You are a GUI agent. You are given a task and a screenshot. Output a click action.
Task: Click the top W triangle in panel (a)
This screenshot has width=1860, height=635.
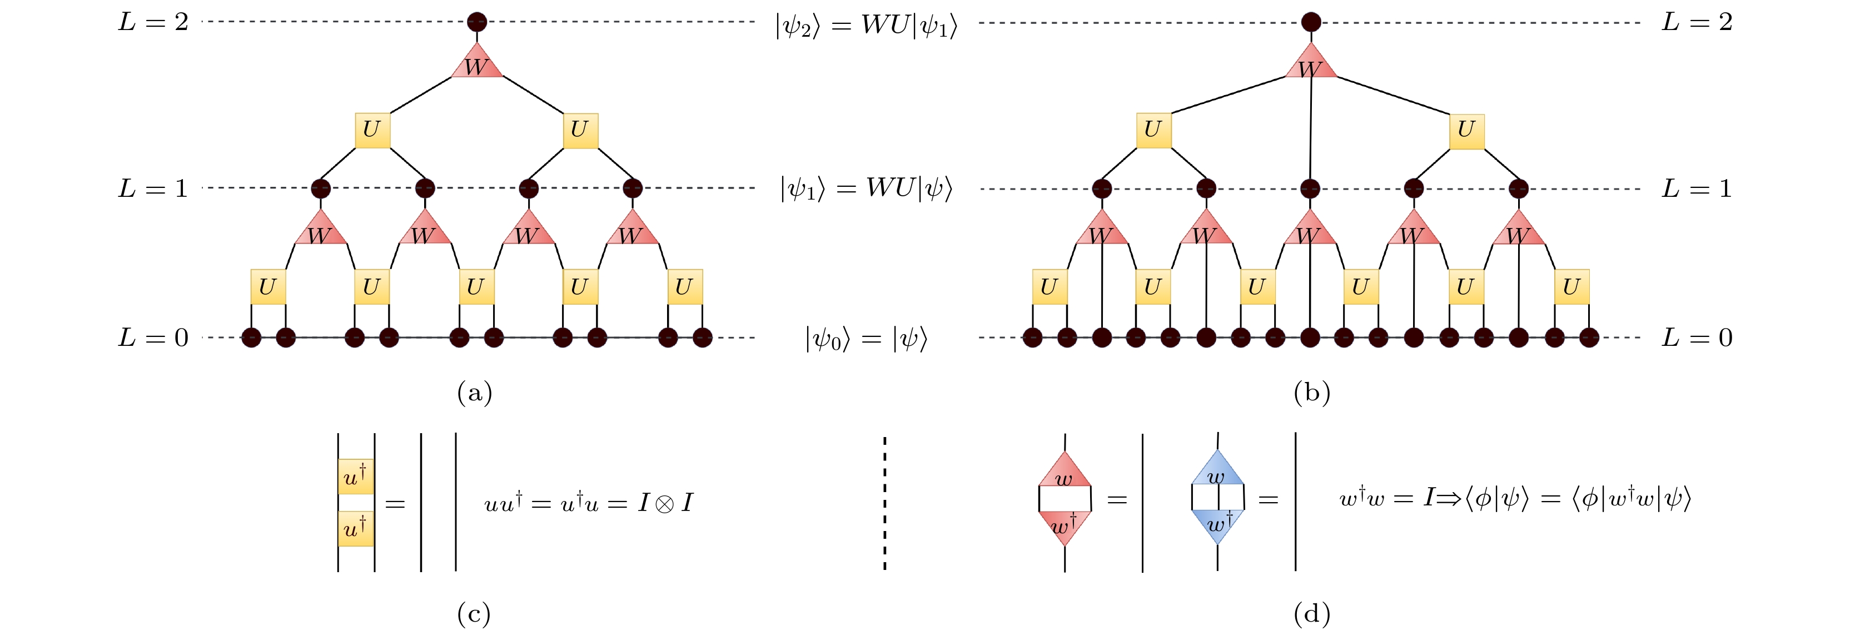point(476,63)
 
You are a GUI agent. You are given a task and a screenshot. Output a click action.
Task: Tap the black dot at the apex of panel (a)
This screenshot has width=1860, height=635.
point(476,22)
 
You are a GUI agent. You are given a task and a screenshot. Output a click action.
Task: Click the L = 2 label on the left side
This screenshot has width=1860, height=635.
point(153,22)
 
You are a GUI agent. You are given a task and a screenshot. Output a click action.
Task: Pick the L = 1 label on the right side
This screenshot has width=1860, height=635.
point(1697,189)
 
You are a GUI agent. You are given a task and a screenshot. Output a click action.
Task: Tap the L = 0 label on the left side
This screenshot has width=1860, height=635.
point(153,338)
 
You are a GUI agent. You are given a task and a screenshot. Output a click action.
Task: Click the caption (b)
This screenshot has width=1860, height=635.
point(1312,393)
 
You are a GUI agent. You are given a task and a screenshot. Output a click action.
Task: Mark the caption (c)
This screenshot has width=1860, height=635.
point(474,614)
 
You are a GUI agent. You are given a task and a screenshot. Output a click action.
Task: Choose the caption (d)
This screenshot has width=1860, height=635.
point(1312,614)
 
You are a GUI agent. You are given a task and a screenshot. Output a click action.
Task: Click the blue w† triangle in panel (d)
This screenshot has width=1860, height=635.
point(1217,524)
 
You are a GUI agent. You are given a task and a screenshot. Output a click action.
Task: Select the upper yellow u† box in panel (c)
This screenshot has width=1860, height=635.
point(356,476)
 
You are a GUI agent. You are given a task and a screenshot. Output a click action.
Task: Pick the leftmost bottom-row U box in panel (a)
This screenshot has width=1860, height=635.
point(268,287)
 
